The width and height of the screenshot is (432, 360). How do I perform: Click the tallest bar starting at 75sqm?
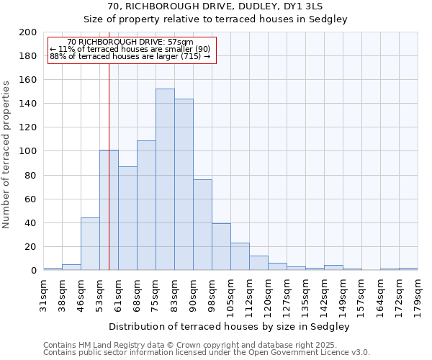[165, 180]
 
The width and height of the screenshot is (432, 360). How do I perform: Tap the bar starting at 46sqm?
[90, 244]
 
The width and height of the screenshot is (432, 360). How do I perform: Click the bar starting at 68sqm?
[146, 205]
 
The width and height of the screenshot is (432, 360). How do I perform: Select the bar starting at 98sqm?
[221, 247]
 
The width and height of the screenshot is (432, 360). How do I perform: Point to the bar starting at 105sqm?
[240, 256]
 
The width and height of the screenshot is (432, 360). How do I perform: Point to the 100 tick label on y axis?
[28, 151]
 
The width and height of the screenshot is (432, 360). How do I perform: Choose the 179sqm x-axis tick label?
[418, 292]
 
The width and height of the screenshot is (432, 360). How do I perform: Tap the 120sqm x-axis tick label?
[269, 292]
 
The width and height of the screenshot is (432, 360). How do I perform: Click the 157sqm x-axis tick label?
[362, 292]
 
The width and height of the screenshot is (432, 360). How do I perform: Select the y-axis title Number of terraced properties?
[6, 154]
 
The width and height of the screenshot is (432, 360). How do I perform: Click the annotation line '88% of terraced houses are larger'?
[130, 56]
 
